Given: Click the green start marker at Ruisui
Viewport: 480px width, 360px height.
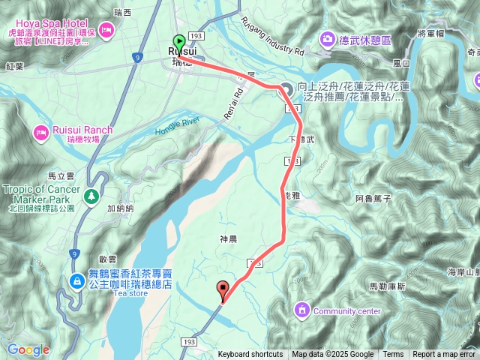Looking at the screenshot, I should pyautogui.click(x=179, y=42).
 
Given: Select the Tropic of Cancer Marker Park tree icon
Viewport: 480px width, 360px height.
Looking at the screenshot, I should pyautogui.click(x=91, y=196).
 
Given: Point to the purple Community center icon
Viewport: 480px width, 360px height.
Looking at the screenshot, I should pyautogui.click(x=302, y=309).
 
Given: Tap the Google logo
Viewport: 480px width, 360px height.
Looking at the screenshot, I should pyautogui.click(x=28, y=349).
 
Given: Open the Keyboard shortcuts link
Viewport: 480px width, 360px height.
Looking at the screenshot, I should pyautogui.click(x=250, y=355).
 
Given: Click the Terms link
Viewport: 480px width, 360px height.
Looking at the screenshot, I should pyautogui.click(x=393, y=355).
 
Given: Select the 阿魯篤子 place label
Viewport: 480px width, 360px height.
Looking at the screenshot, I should pyautogui.click(x=373, y=199).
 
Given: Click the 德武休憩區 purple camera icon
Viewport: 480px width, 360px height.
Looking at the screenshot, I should pyautogui.click(x=327, y=38).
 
